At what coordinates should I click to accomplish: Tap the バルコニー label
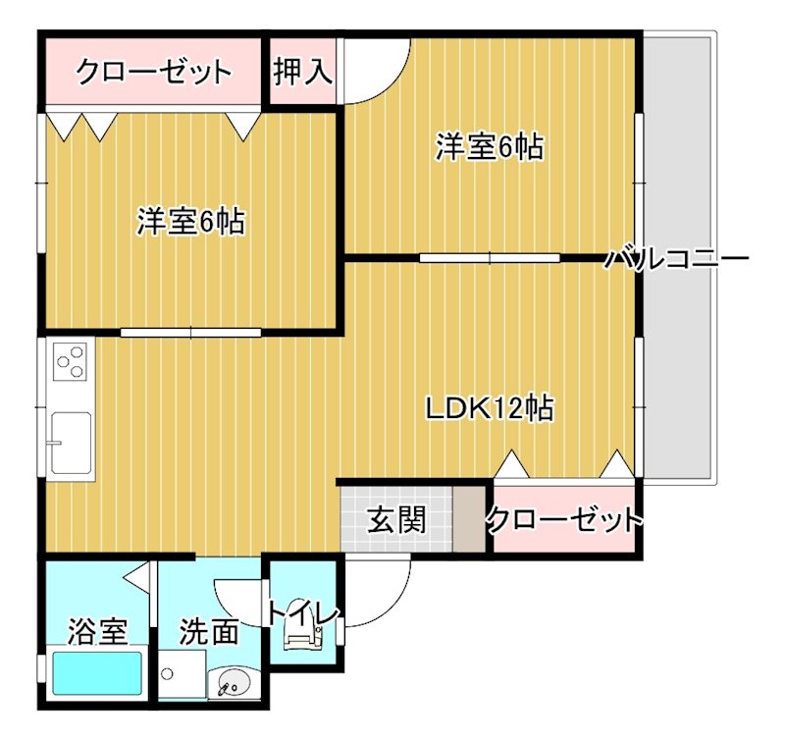click(x=676, y=260)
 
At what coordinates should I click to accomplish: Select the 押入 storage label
click(x=302, y=72)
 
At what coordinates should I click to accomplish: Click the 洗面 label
click(x=208, y=631)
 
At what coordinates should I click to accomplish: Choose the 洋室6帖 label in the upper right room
click(x=490, y=146)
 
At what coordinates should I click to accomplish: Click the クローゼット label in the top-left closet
click(x=154, y=72)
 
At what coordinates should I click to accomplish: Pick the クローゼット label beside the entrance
click(x=563, y=519)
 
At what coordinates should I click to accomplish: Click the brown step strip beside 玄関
click(x=471, y=519)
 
